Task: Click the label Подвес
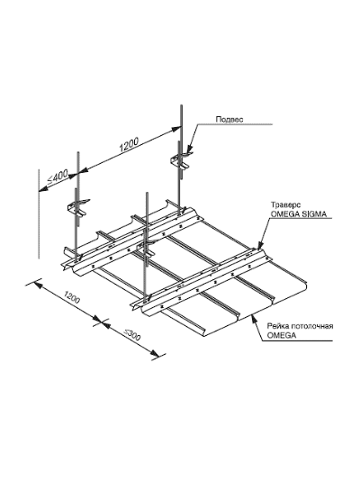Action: point(229,119)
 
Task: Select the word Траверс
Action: point(285,204)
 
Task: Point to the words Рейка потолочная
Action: point(301,326)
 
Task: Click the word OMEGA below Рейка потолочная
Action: point(282,335)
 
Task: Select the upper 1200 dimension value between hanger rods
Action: point(129,145)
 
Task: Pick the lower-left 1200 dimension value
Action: point(72,297)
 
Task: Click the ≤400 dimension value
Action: point(58,177)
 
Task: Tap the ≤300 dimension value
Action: point(132,335)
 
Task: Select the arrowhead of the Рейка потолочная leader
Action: point(253,319)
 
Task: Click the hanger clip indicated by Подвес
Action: point(182,159)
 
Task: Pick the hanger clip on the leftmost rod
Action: point(78,207)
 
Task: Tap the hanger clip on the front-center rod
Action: point(148,247)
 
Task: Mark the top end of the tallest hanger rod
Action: point(181,105)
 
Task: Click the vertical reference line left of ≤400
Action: point(39,213)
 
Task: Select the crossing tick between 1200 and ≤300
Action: point(101,322)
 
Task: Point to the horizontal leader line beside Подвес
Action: point(234,125)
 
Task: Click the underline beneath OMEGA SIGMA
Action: point(299,219)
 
